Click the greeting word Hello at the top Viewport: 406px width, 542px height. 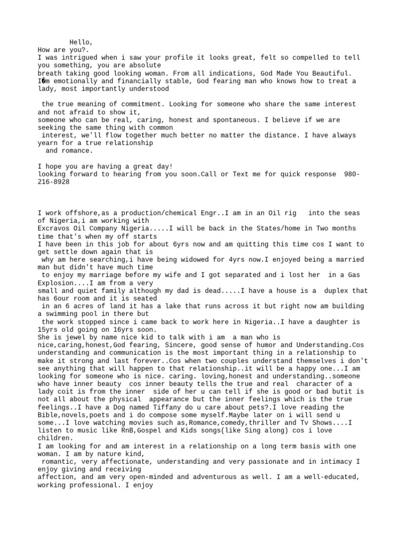coord(81,42)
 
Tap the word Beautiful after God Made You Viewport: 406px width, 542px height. coord(330,73)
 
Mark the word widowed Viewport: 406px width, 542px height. coord(172,259)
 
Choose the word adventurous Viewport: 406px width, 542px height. coord(210,477)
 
